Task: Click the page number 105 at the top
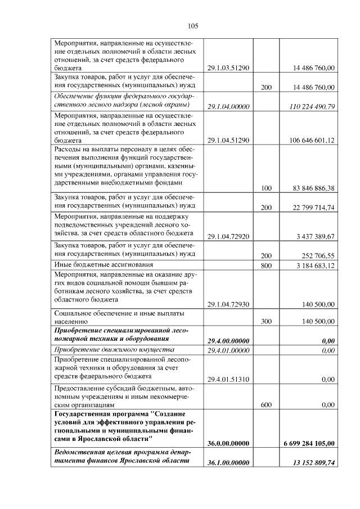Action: pos(193,25)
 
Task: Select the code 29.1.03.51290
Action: pos(228,68)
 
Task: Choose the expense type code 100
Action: pos(267,188)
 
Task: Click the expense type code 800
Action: pos(267,265)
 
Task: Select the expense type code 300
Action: pos(267,322)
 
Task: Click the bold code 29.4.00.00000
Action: pos(228,341)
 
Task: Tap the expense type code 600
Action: pos(267,404)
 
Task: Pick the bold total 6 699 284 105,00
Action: pos(309,443)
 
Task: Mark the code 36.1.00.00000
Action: pos(228,462)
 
